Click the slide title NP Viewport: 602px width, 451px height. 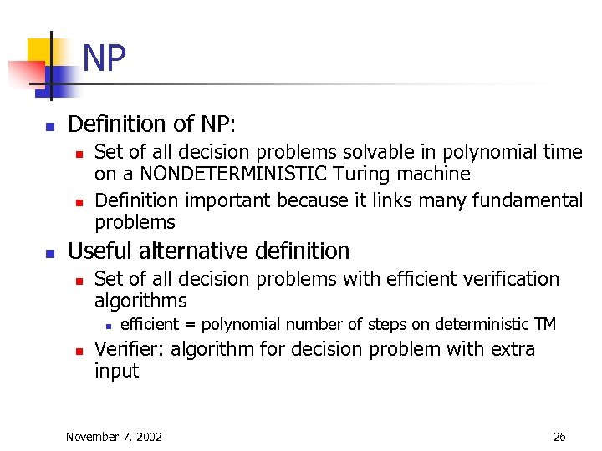pyautogui.click(x=105, y=59)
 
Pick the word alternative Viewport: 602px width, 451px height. pyautogui.click(x=196, y=251)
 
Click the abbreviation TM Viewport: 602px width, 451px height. pyautogui.click(x=544, y=324)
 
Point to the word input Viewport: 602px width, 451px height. pyautogui.click(x=116, y=371)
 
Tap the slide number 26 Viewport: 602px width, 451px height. pyautogui.click(x=559, y=436)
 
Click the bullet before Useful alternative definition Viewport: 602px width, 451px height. pyautogui.click(x=49, y=252)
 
